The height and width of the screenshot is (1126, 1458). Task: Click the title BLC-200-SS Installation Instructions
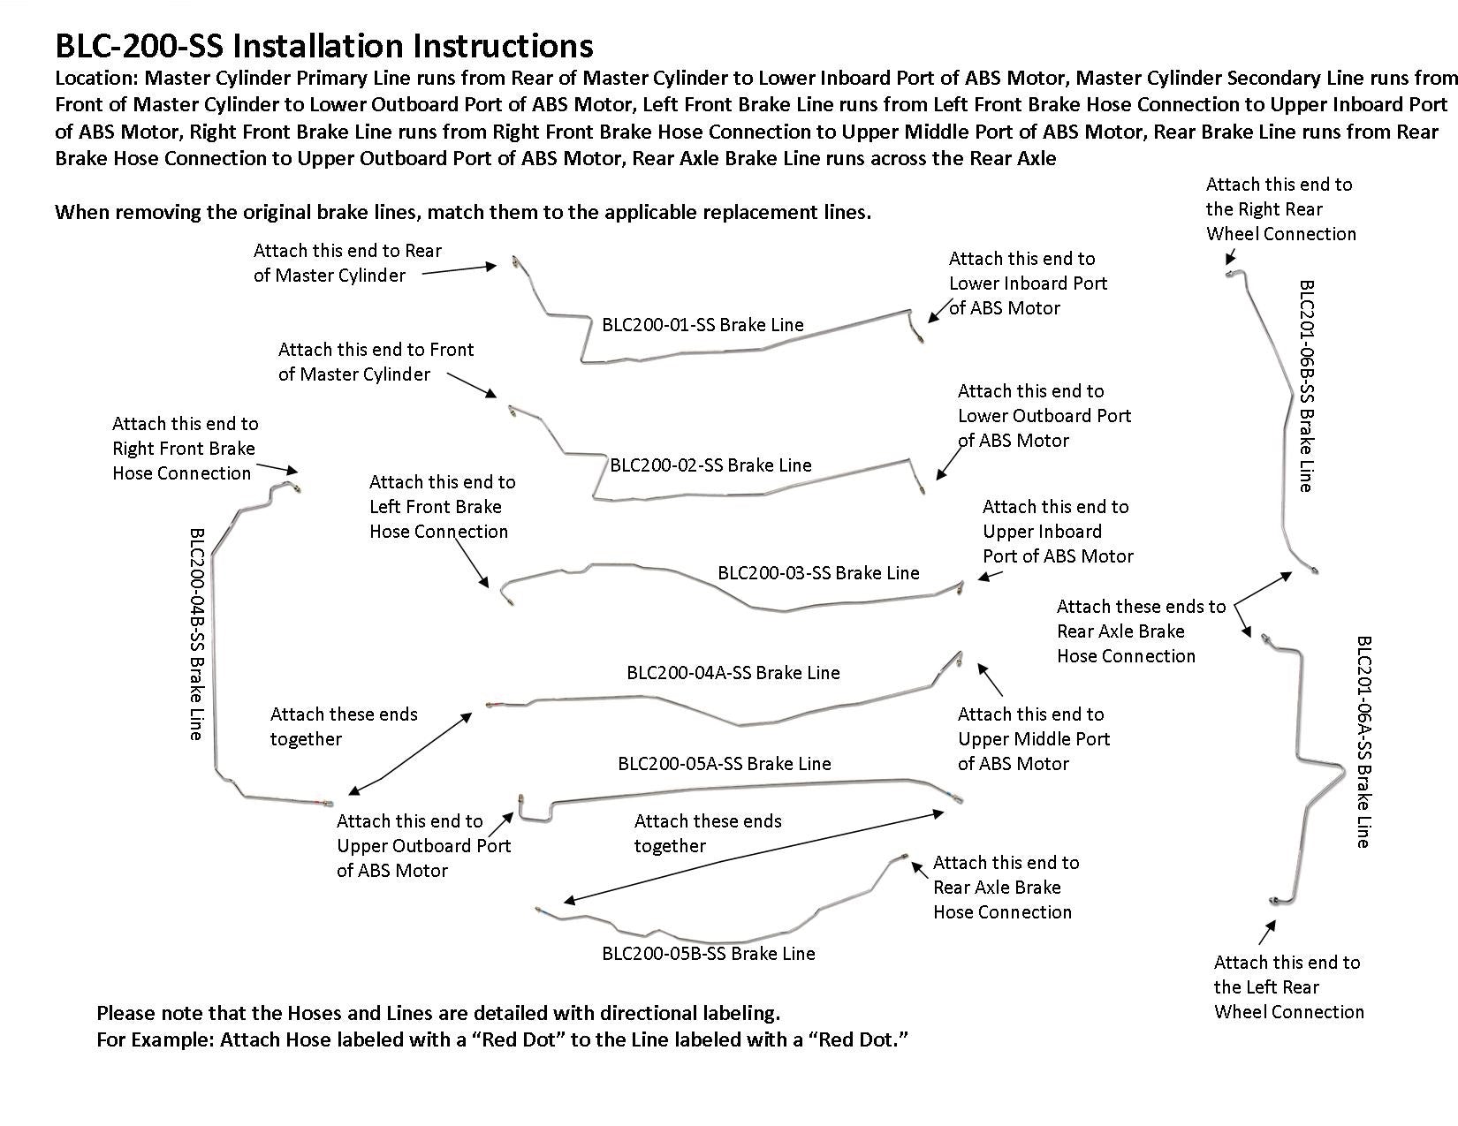pos(323,46)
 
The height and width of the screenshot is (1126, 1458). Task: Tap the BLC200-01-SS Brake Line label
pos(702,325)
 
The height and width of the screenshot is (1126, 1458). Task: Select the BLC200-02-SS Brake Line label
pos(710,465)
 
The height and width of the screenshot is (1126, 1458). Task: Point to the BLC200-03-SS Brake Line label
pos(818,573)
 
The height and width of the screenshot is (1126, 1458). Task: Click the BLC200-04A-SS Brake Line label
pos(733,673)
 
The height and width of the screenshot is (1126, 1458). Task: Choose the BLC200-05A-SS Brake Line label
pos(724,764)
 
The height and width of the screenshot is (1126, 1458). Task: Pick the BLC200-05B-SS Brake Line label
pos(708,954)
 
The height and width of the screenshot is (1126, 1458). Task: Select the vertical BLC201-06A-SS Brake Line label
pos(1363,742)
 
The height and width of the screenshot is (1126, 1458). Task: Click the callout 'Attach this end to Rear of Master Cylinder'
pos(347,263)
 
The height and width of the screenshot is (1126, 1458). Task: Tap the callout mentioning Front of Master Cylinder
pos(376,362)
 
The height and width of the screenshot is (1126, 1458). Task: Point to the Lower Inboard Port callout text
pos(1027,283)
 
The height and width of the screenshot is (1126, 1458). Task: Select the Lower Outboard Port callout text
pos(1044,416)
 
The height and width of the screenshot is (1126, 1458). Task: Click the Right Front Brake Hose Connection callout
pos(185,449)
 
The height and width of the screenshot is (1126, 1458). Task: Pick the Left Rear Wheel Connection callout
pos(1287,987)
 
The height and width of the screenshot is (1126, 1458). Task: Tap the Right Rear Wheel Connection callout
pos(1280,209)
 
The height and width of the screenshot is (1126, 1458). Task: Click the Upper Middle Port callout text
pos(1033,739)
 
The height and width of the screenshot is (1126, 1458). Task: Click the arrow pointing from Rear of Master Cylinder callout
pos(459,269)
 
